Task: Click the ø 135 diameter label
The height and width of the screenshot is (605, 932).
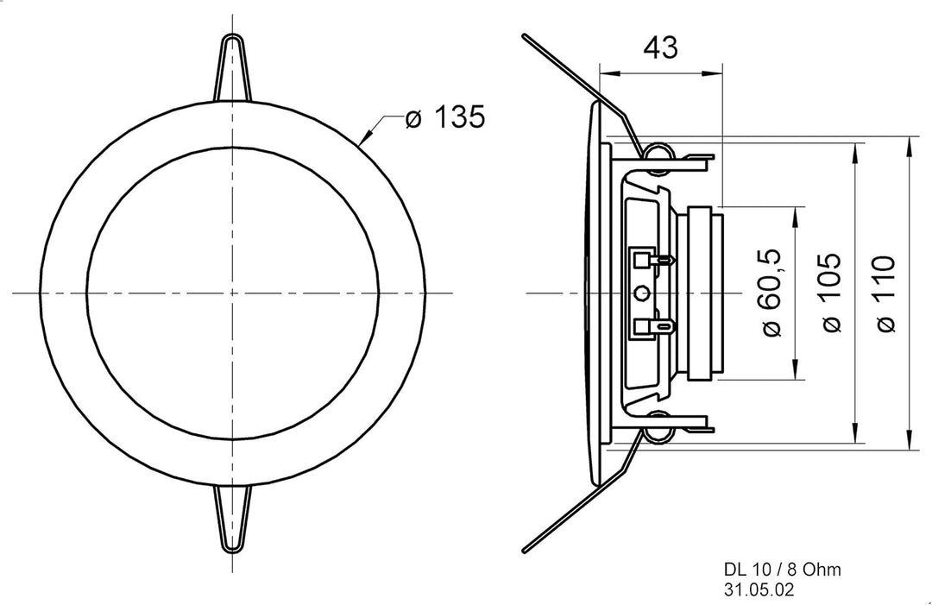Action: pos(445,117)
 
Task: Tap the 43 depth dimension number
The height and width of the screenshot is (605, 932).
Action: pos(661,47)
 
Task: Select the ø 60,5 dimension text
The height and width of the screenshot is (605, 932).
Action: pos(771,293)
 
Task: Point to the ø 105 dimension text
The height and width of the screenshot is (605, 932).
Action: pos(830,293)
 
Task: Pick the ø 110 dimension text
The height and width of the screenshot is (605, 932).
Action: pos(885,293)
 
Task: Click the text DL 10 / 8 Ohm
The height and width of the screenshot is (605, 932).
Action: pos(782,570)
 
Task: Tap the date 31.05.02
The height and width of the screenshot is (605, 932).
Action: pos(759,590)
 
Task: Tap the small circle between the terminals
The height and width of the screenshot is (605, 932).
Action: pos(641,293)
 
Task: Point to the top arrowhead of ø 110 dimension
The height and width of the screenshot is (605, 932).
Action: pos(909,147)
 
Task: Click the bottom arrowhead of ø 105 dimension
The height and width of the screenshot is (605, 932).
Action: pos(856,432)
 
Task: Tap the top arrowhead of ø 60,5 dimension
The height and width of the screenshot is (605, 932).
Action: pos(795,217)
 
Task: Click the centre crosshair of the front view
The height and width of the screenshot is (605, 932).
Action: pos(232,293)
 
